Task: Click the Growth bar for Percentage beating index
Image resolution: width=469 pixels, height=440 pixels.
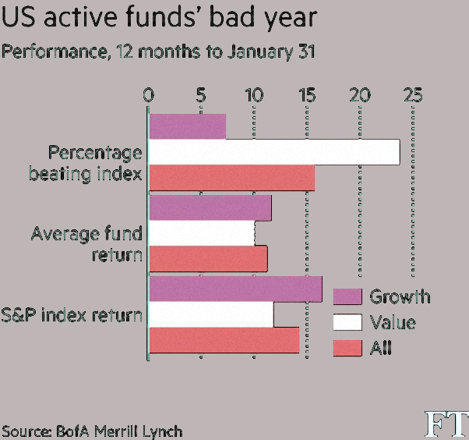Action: pyautogui.click(x=188, y=126)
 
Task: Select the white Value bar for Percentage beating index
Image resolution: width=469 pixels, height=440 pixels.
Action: pyautogui.click(x=274, y=152)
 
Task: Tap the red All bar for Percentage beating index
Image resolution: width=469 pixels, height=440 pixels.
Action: pyautogui.click(x=232, y=178)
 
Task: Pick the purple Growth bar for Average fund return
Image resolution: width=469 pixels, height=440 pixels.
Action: pyautogui.click(x=210, y=208)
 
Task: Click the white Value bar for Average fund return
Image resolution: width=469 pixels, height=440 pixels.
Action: pyautogui.click(x=202, y=233)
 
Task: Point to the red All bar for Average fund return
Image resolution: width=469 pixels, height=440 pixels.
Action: pyautogui.click(x=208, y=259)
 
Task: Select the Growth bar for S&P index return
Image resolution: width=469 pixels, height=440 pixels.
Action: pyautogui.click(x=236, y=289)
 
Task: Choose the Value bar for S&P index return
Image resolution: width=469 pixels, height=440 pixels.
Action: pyautogui.click(x=211, y=314)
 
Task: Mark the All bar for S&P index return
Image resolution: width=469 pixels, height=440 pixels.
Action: pyautogui.click(x=224, y=340)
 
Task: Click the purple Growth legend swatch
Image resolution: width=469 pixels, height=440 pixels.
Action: pyautogui.click(x=347, y=296)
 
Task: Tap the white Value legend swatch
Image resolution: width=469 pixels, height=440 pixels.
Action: pyautogui.click(x=347, y=322)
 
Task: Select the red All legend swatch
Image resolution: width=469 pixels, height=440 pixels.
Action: pyautogui.click(x=347, y=348)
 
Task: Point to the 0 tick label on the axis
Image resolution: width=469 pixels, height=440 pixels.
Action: pyautogui.click(x=148, y=95)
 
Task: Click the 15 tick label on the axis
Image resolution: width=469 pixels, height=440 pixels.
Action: pyautogui.click(x=308, y=95)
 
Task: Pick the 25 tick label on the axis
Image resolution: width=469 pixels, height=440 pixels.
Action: pyautogui.click(x=413, y=95)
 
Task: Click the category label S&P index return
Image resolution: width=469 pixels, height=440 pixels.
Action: pyautogui.click(x=72, y=315)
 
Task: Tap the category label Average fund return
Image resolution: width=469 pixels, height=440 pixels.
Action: pyautogui.click(x=86, y=244)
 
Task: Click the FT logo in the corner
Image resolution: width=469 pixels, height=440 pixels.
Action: pyautogui.click(x=447, y=424)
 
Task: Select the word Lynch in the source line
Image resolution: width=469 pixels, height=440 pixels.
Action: pyautogui.click(x=162, y=431)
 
